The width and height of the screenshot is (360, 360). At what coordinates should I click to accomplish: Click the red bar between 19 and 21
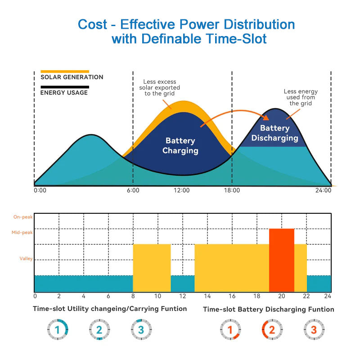(281, 260)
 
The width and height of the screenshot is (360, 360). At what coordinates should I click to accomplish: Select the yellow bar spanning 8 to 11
(152, 268)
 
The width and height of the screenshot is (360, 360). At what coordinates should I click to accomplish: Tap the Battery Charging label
(180, 146)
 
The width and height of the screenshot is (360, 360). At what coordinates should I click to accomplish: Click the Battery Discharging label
(274, 133)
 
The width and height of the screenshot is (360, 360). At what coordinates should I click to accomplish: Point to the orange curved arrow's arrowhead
(265, 118)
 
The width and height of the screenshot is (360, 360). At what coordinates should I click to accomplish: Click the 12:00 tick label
(182, 190)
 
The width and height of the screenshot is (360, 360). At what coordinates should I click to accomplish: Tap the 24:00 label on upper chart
(323, 190)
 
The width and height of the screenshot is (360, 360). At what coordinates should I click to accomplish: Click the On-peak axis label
(23, 217)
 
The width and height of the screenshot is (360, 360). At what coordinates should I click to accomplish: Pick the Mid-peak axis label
(23, 233)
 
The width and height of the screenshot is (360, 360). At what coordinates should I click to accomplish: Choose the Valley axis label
(26, 259)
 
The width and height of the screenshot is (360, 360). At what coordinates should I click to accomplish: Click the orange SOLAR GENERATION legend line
(65, 71)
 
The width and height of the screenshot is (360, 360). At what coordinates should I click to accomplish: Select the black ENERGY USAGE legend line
(65, 87)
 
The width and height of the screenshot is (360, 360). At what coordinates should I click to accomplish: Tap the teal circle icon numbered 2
(99, 330)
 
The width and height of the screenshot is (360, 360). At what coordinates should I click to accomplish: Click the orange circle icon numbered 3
(313, 330)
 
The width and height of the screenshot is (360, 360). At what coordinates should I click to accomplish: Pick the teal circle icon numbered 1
(57, 330)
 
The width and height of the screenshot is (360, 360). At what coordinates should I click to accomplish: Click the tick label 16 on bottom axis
(232, 296)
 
